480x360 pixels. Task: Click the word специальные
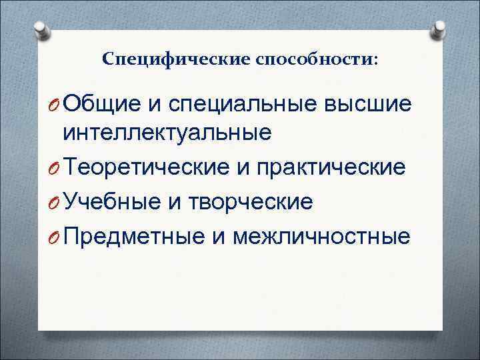tap(243, 103)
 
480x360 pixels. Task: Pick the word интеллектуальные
tap(167, 133)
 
